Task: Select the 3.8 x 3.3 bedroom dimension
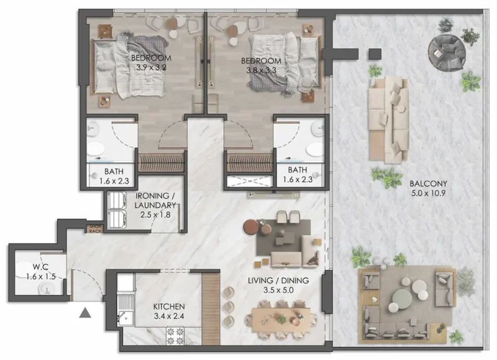[x=262, y=70]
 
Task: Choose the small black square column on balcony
[x=375, y=54]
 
